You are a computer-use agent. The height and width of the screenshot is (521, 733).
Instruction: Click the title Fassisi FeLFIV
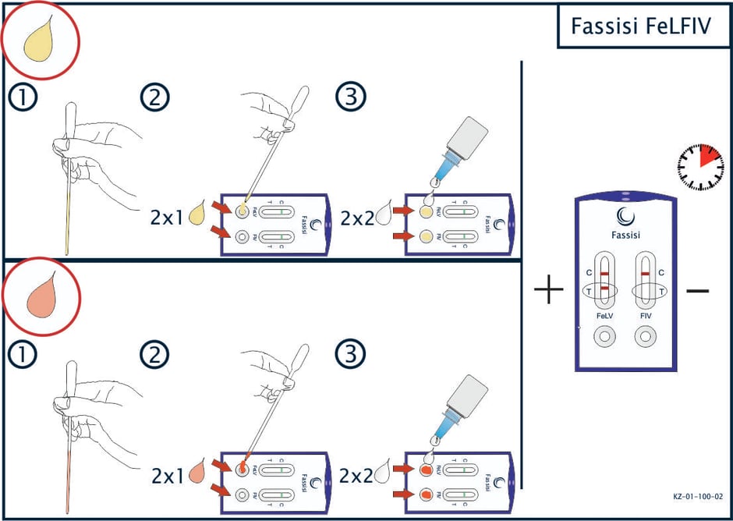[641, 27]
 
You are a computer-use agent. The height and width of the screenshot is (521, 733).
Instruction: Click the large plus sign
[549, 291]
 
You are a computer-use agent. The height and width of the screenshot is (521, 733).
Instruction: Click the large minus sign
[697, 291]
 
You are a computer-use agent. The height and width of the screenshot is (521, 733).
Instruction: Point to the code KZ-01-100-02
[699, 495]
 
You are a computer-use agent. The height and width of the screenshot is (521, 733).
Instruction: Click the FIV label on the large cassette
[645, 317]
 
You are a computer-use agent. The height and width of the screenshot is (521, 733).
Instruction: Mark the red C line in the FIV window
[645, 272]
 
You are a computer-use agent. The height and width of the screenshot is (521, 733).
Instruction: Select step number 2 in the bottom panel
[154, 355]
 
